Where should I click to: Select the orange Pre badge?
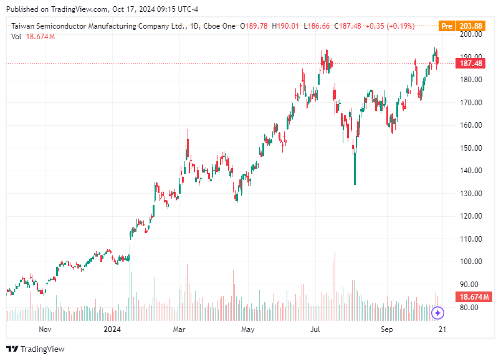(446, 26)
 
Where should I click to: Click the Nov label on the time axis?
(45, 328)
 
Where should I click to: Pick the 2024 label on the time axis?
(112, 328)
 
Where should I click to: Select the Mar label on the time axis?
(179, 328)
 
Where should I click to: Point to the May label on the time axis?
(248, 328)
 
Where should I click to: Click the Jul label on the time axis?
(316, 328)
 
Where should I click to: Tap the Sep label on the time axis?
(386, 328)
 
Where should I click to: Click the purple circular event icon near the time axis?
(437, 313)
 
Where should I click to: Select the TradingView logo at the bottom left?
(36, 349)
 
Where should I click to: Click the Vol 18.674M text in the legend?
(33, 37)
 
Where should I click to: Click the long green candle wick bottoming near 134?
(355, 171)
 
